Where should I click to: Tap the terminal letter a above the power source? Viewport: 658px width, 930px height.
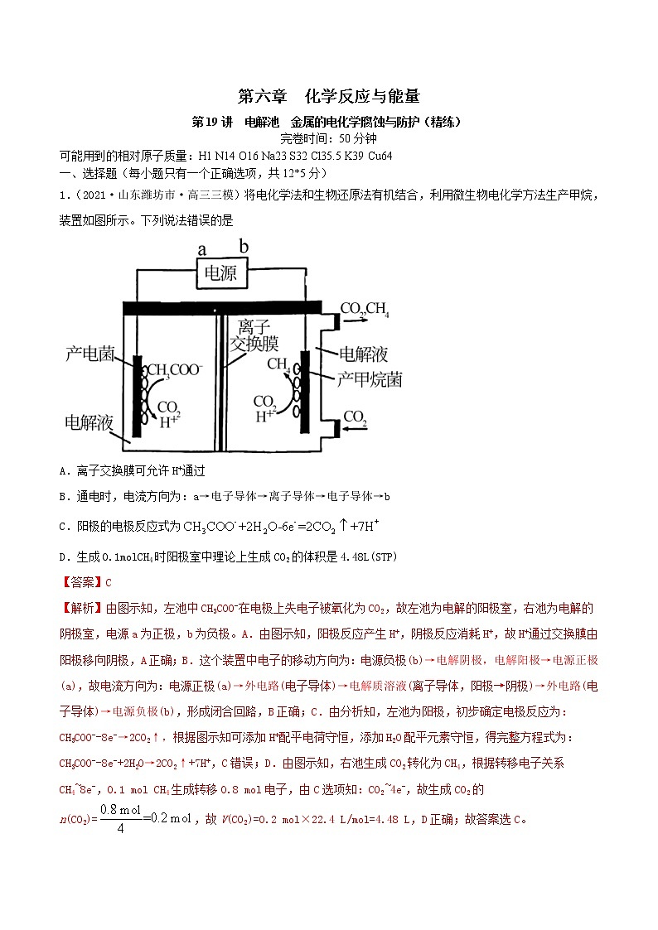click(x=201, y=249)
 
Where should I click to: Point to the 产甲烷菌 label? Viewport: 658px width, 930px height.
click(x=370, y=380)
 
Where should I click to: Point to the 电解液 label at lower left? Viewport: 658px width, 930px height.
click(x=89, y=422)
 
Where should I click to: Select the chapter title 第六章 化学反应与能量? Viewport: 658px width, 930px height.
click(x=328, y=96)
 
